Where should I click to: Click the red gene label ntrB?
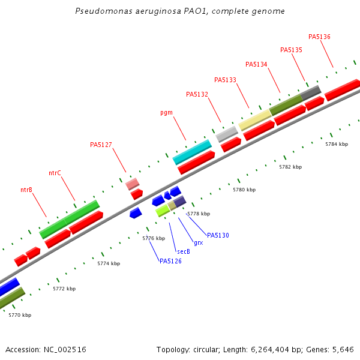point(26,190)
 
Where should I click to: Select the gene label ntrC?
point(55,173)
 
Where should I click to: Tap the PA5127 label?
point(101,145)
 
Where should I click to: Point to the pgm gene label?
point(166,113)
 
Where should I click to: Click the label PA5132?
point(197,94)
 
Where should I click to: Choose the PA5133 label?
point(225,80)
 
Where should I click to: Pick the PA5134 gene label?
point(256,64)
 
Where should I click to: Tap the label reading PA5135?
point(291,50)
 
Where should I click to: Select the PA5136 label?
point(319,37)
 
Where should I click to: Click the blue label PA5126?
point(170,261)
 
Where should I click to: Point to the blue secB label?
point(183,251)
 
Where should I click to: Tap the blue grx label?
point(198,243)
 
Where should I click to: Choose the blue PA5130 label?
point(218,235)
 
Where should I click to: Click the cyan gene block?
point(192,152)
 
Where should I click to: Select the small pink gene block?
point(133,184)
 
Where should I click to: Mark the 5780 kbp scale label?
point(244,190)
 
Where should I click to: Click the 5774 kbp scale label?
point(109,263)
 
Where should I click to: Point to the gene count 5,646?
point(342,349)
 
